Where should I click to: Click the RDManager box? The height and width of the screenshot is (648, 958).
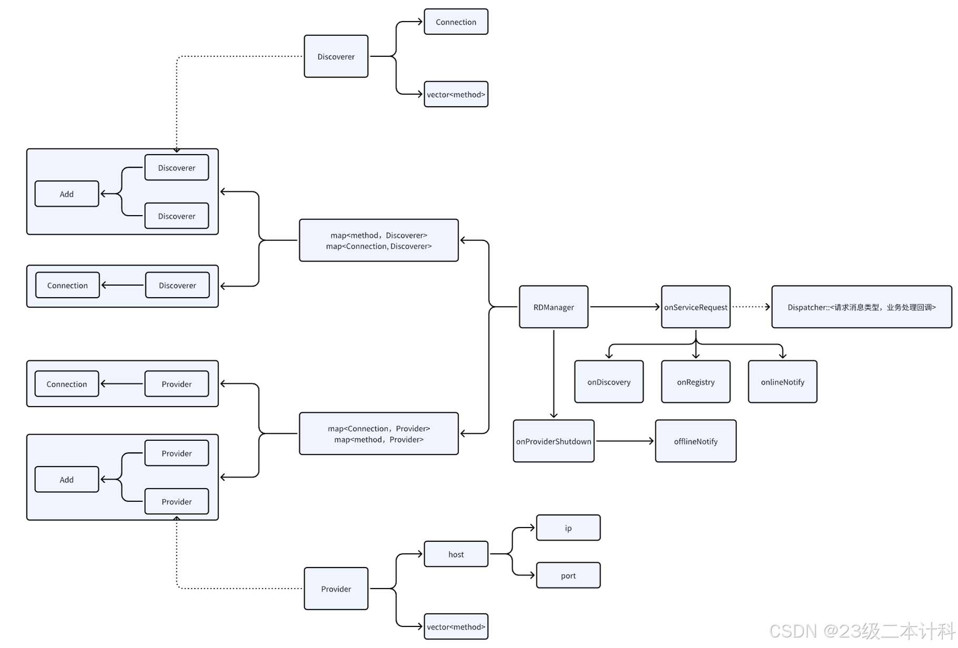(553, 307)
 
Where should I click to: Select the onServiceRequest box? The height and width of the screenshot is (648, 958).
(695, 307)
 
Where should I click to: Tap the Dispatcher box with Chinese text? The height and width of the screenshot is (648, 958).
(861, 307)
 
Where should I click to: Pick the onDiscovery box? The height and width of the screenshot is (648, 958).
(608, 382)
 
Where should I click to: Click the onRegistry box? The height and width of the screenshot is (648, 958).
(695, 382)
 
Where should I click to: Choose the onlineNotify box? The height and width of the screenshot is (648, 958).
(782, 382)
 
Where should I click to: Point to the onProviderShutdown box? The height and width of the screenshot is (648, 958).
(553, 441)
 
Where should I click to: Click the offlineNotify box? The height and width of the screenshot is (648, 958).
(695, 441)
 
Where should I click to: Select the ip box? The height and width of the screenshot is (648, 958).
(568, 528)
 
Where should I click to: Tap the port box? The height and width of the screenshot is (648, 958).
(568, 575)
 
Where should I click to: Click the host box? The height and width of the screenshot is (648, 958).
(456, 554)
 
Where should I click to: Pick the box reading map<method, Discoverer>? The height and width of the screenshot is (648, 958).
(378, 240)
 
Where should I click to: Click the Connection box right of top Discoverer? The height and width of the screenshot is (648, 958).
(456, 22)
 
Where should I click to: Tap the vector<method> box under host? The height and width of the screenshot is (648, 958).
(456, 626)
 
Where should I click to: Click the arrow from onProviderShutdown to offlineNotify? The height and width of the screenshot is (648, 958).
(625, 441)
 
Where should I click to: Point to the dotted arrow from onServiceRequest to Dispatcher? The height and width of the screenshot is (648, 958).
(751, 307)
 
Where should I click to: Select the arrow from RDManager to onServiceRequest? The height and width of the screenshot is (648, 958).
(624, 307)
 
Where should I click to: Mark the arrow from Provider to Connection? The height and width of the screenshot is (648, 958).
(122, 384)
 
